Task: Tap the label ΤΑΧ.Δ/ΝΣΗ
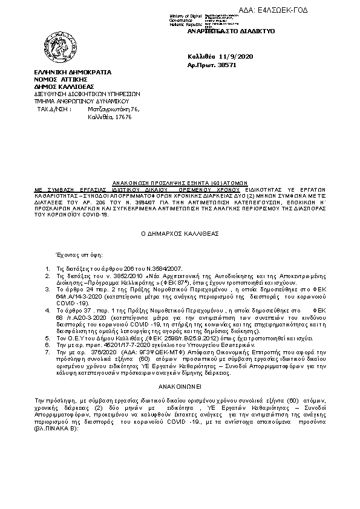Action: tap(54, 109)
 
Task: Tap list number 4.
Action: tap(48, 309)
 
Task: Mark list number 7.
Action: tap(48, 350)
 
